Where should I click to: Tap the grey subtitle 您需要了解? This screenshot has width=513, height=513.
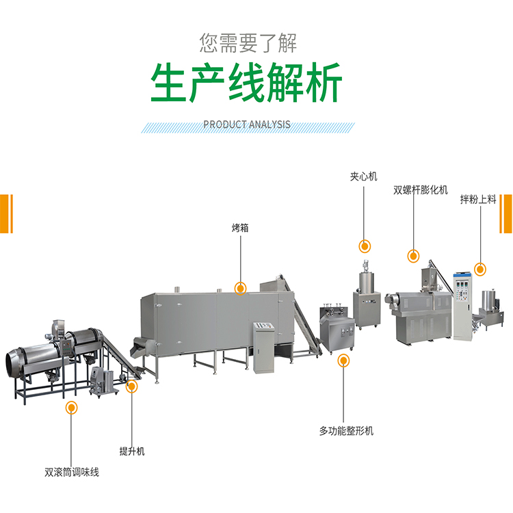pos(248,43)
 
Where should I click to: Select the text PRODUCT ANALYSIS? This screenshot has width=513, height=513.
pos(247,124)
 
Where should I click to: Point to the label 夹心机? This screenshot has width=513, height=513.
pos(363,176)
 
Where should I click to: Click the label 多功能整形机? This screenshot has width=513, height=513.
pos(346,431)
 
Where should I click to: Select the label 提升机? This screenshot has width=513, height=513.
pos(132,451)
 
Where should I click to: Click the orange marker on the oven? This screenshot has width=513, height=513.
pos(240,289)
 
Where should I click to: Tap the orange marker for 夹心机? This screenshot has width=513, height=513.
pos(365,246)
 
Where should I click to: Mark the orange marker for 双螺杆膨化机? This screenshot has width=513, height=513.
pos(413,256)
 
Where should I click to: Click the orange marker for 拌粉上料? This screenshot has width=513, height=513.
pos(480,269)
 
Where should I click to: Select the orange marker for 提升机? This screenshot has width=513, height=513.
pos(132,387)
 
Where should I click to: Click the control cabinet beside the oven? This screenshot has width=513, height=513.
pos(263,346)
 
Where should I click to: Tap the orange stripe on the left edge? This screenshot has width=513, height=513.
pos(6,213)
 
